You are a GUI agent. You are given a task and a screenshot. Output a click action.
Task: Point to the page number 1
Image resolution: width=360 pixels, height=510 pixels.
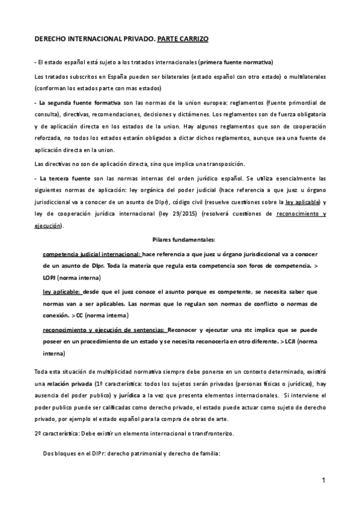323,480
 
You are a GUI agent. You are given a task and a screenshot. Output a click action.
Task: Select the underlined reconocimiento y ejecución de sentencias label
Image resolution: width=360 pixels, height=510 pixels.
105,330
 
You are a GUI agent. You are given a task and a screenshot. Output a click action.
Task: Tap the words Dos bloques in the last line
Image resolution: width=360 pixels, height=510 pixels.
58,455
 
